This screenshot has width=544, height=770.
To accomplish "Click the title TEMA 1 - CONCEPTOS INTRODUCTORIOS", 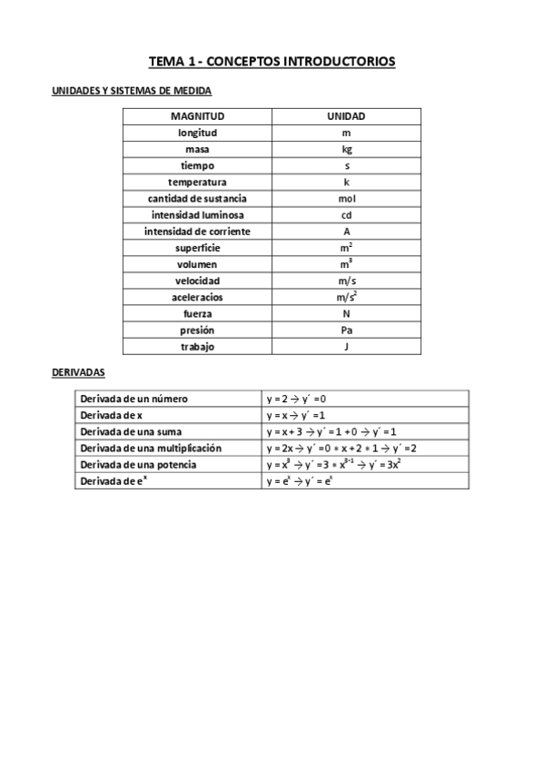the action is click(x=272, y=62).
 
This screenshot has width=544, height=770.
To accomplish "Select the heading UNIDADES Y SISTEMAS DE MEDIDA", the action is click(x=131, y=91).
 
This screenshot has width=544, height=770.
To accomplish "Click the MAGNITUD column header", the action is click(x=197, y=117).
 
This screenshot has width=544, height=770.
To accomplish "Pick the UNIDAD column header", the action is click(x=346, y=117).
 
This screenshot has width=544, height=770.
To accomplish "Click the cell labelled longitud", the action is click(x=197, y=133).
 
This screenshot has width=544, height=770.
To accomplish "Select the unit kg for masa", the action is click(x=346, y=150).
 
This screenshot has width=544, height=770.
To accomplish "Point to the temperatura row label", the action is click(x=197, y=183).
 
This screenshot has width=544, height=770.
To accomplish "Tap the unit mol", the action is click(x=346, y=199).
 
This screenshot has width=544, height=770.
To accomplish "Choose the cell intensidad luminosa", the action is click(x=197, y=215).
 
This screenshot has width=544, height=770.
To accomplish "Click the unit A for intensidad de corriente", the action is click(x=346, y=232).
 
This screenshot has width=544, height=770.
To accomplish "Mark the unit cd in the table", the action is click(x=346, y=215).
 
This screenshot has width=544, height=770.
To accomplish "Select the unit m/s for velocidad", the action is click(x=346, y=281).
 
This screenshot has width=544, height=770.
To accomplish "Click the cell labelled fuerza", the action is click(x=197, y=313).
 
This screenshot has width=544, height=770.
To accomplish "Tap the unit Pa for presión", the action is click(x=346, y=330).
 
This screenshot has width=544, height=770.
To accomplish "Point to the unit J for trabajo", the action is click(x=346, y=346).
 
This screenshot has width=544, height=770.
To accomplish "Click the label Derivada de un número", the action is click(x=134, y=399).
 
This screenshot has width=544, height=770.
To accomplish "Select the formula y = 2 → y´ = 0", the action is click(x=296, y=399).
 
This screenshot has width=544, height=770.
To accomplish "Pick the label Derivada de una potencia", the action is click(x=138, y=465).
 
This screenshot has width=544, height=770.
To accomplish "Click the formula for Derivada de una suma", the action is click(x=331, y=431).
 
